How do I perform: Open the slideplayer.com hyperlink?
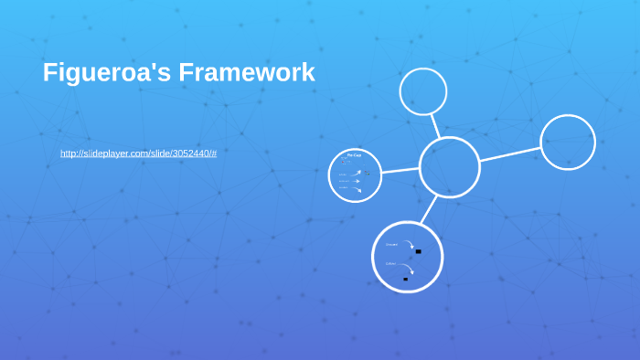(138, 154)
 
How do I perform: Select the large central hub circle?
(449, 167)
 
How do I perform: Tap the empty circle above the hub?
(423, 91)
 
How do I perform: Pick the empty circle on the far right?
(568, 143)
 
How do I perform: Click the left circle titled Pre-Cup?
(355, 175)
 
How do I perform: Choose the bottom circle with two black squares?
(407, 257)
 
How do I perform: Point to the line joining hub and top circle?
(435, 126)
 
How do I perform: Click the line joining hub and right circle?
(509, 154)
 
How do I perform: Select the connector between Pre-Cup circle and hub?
(400, 170)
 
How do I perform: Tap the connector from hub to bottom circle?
(428, 210)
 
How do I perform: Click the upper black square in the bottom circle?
(418, 251)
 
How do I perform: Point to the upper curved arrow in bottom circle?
(409, 244)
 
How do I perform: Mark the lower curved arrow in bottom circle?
(406, 267)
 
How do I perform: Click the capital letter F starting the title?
(50, 73)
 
